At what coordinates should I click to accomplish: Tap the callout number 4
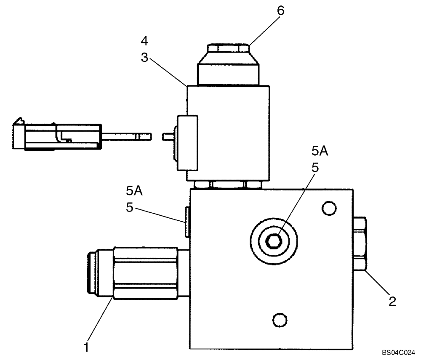point(144,41)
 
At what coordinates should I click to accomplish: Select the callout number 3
point(144,58)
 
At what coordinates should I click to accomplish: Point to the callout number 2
point(392,301)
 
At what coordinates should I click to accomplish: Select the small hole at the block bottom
point(278,319)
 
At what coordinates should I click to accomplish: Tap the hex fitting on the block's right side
point(360,244)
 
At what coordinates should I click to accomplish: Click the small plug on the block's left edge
point(187,221)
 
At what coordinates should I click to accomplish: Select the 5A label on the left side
point(133,191)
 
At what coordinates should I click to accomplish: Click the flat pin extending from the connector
point(126,136)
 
